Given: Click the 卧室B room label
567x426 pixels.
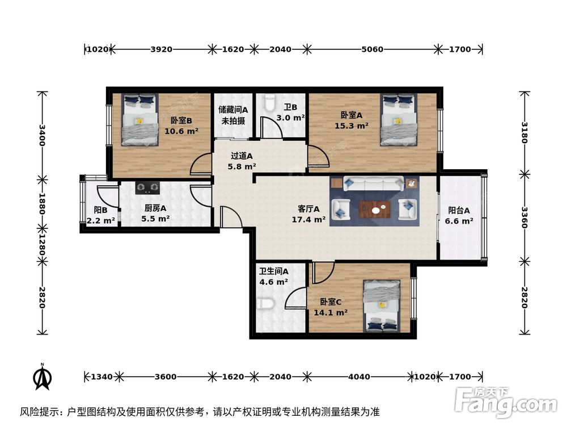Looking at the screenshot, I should [x=181, y=120].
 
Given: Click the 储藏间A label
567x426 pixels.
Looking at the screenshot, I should [x=232, y=110].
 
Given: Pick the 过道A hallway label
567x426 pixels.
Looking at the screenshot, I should [x=242, y=156].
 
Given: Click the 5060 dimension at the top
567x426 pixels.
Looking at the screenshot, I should [x=372, y=49].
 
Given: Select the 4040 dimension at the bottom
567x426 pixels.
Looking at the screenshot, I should [x=359, y=377].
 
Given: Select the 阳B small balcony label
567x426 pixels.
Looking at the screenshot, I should [x=101, y=209].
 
